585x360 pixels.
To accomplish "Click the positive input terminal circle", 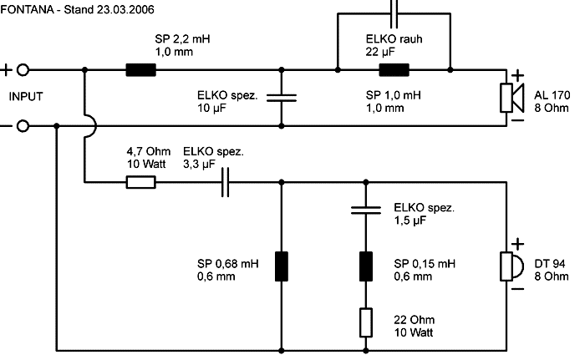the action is (x=23, y=70).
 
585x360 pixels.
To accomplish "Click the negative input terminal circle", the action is (x=23, y=126).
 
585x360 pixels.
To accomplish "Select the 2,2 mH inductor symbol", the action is (x=140, y=70).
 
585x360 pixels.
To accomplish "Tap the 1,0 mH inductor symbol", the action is (x=394, y=70).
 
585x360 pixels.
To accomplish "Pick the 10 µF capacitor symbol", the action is (x=282, y=98).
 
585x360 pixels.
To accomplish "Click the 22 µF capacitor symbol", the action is (x=394, y=14).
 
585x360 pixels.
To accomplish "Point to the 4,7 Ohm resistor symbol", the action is (x=140, y=182).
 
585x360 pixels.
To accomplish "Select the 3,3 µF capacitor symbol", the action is (x=225, y=182).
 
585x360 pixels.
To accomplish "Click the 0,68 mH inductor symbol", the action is (x=282, y=266).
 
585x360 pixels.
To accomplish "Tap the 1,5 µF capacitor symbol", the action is (x=366, y=210).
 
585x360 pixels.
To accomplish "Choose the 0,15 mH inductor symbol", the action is (x=366, y=266).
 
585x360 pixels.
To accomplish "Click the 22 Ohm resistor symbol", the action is (x=366, y=322).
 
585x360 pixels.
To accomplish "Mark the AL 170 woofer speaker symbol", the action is (x=511, y=98).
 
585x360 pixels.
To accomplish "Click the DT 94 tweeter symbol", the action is (x=511, y=266).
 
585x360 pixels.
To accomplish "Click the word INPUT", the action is (x=26, y=97).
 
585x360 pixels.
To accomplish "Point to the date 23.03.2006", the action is (x=125, y=9).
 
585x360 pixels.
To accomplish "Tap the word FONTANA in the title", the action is (x=28, y=9).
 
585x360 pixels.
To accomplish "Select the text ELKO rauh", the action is (x=394, y=38).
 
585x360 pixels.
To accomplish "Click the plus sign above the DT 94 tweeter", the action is (x=517, y=244).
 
